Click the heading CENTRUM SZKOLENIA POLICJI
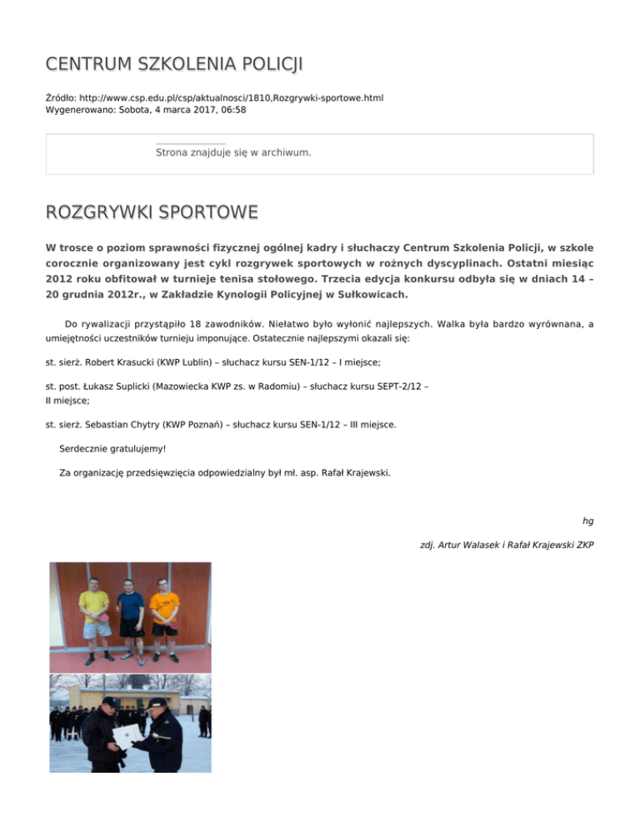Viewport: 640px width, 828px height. pos(174,64)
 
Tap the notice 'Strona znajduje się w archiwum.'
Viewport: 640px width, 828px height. pos(233,152)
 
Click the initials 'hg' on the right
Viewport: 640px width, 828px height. pos(587,521)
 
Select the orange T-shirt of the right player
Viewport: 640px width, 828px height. pos(164,603)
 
